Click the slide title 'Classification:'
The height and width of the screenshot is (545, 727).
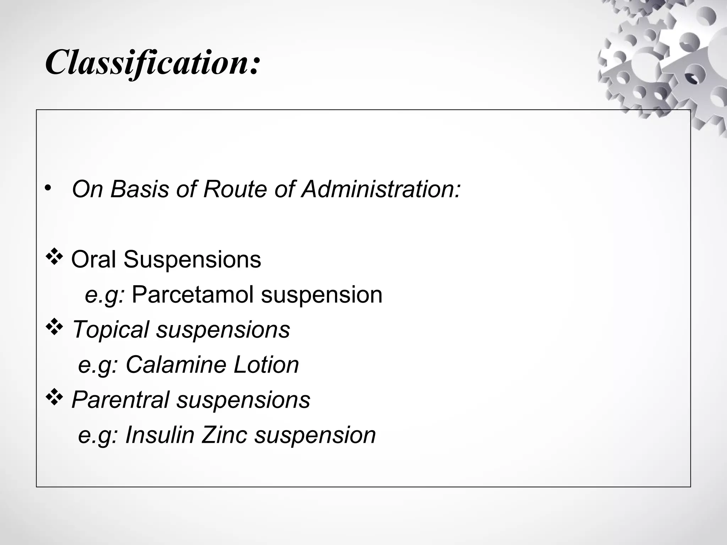153,63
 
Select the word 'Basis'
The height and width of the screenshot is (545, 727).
140,189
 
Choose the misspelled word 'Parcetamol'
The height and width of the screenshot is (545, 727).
192,294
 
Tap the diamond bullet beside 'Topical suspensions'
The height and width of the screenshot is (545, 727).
54,327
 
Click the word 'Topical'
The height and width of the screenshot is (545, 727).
110,329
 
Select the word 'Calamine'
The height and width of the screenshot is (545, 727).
176,365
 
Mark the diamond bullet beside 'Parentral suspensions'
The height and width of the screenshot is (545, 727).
54,398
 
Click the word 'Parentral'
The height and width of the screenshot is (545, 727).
120,400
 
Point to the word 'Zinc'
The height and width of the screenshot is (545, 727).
224,435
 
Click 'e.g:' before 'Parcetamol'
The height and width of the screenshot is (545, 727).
104,295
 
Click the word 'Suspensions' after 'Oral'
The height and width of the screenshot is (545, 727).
192,259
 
